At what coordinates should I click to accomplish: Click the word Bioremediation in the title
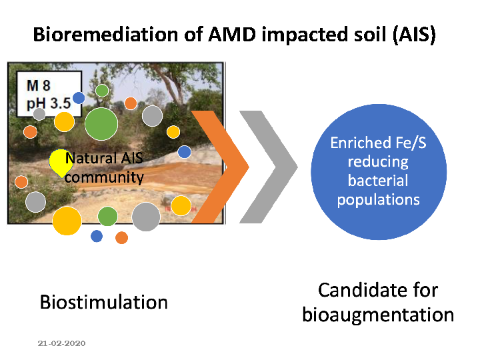click(105, 34)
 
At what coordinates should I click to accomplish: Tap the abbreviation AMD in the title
click(232, 34)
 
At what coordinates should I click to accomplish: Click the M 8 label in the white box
click(39, 85)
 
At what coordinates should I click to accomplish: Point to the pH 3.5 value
click(49, 103)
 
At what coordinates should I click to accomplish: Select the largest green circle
click(101, 124)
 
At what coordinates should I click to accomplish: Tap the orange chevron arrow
click(220, 167)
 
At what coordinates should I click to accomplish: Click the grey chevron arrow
click(269, 167)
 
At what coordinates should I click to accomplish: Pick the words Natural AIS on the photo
click(104, 158)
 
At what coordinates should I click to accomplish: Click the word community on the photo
click(104, 177)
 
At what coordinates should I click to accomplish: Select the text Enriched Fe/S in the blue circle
click(379, 143)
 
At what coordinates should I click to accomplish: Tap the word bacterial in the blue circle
click(378, 181)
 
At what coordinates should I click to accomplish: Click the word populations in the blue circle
click(379, 200)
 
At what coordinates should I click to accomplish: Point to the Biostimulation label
click(104, 302)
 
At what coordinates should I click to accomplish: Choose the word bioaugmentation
click(378, 315)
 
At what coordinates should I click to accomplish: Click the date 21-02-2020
click(61, 343)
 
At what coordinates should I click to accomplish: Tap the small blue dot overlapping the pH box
click(79, 98)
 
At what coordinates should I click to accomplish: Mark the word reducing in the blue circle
click(378, 162)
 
